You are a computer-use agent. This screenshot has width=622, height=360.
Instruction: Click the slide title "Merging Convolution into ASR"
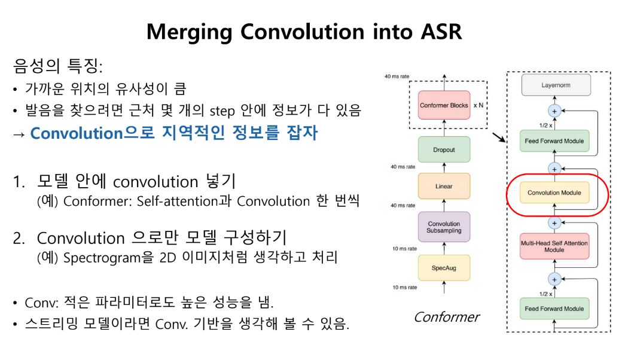304,31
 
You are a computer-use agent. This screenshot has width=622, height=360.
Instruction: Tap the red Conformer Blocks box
444,105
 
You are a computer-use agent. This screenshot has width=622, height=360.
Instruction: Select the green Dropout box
444,150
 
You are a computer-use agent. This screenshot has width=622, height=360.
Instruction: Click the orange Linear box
444,186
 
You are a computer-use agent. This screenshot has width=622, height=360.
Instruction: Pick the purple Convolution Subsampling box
444,227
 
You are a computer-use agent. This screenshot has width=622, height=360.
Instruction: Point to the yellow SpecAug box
444,268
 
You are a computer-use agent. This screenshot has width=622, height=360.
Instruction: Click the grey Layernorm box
556,86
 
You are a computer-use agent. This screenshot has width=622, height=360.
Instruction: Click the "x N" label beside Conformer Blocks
478,106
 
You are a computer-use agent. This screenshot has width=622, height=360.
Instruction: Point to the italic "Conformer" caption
446,317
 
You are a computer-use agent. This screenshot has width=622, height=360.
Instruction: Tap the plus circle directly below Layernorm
554,111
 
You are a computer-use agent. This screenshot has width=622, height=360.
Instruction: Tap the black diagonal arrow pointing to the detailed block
498,139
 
